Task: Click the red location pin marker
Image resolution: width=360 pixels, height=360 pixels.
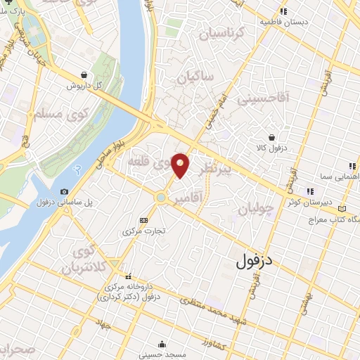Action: (x=181, y=165)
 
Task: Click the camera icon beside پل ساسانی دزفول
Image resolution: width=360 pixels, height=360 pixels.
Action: (x=65, y=191)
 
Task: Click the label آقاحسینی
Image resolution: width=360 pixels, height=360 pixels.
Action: (x=263, y=99)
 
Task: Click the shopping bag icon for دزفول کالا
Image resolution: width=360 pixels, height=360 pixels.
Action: (x=271, y=138)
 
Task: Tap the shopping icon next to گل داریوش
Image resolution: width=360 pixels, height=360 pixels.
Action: (x=84, y=74)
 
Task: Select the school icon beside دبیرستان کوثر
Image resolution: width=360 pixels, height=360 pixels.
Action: (x=309, y=191)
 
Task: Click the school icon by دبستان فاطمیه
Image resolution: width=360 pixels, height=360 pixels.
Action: (x=284, y=11)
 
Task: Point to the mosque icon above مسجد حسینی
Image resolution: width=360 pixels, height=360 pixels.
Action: (x=163, y=345)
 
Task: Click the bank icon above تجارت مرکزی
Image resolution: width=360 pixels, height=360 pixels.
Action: (x=144, y=219)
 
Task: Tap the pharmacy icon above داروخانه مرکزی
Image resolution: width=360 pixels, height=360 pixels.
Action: (x=127, y=276)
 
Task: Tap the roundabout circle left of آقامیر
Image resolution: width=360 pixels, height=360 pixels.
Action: (x=162, y=198)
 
